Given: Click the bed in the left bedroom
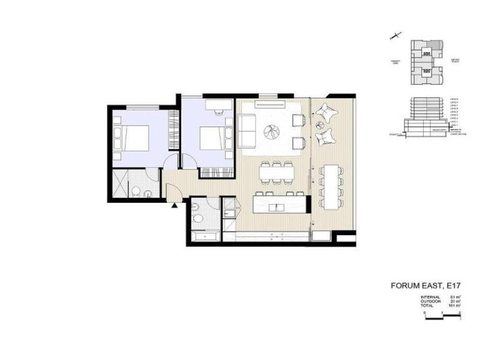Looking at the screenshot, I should tap(136, 139).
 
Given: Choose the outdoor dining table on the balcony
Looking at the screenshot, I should tap(331, 186).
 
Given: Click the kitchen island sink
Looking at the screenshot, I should tap(277, 207).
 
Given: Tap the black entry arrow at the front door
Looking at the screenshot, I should tap(174, 206).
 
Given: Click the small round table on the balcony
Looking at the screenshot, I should tap(319, 125).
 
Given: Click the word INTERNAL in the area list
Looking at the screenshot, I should tap(431, 296).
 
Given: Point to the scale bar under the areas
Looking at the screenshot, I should tap(442, 316).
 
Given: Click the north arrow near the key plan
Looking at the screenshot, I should tap(395, 37).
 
